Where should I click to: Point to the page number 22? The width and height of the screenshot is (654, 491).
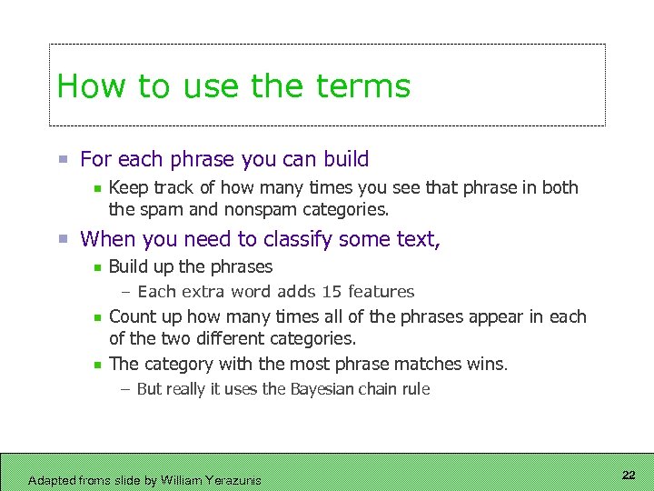coord(629,476)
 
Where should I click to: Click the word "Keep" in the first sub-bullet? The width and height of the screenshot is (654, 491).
coord(126,187)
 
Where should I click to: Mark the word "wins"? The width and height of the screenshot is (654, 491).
coord(488,364)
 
